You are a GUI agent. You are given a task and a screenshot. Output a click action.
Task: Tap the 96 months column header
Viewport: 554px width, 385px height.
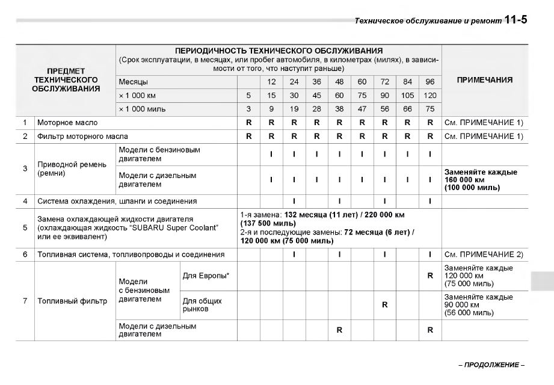(430, 82)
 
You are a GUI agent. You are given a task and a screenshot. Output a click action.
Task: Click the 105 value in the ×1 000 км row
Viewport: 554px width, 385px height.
(407, 95)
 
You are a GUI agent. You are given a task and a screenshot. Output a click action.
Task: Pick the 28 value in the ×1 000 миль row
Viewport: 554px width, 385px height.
(316, 109)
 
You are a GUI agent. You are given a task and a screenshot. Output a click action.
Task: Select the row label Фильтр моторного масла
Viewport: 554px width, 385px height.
(82, 137)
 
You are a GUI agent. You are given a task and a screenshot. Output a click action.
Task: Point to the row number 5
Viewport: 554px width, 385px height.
(25, 228)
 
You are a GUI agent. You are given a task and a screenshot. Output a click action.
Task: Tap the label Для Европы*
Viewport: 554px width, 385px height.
(206, 276)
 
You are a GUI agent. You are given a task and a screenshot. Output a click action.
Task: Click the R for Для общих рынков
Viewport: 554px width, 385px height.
(384, 305)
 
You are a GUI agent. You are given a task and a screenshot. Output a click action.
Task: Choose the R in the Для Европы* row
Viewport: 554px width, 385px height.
(430, 276)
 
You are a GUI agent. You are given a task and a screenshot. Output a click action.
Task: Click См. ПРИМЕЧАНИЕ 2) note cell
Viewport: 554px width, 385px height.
(484, 254)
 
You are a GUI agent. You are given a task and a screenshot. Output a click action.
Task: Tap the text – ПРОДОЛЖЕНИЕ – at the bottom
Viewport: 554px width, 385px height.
(491, 365)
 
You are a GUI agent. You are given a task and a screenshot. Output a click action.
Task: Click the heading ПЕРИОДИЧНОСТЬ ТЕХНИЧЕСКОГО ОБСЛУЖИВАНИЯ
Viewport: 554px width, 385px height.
(279, 51)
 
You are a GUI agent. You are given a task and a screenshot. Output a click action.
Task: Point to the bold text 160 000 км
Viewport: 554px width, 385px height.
(464, 180)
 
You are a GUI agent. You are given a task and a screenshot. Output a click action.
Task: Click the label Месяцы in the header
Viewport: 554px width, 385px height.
(133, 82)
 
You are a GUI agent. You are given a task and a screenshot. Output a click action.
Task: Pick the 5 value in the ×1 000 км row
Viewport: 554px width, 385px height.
(248, 95)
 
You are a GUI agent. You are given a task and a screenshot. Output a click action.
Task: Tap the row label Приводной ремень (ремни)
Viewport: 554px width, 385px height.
(64, 168)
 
